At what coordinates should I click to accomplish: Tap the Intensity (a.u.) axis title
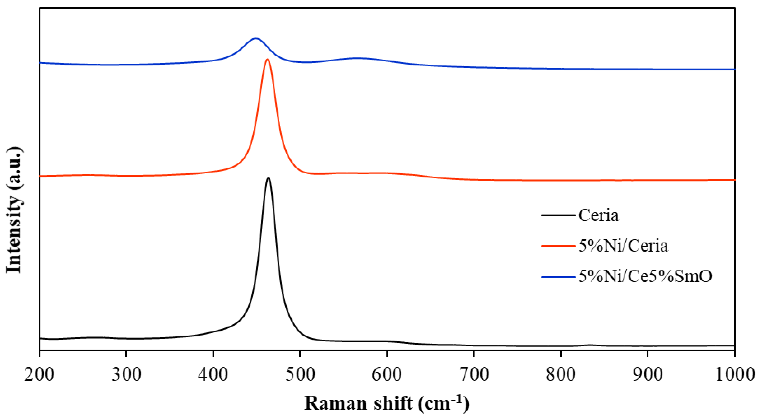[x=14, y=210]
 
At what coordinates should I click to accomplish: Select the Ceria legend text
[x=598, y=216]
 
